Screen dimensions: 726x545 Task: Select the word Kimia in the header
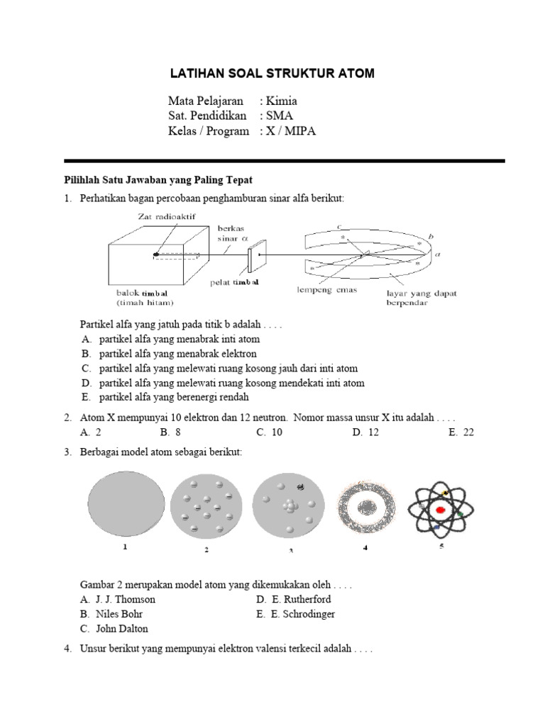pos(282,101)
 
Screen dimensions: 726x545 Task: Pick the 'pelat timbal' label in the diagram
pos(235,282)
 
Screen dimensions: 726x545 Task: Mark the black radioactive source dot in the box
pos(155,254)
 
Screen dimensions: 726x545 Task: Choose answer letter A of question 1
pos(85,340)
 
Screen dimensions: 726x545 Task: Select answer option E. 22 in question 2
pos(461,431)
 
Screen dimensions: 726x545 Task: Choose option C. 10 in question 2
pos(270,431)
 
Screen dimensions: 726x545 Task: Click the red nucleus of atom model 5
pos(440,510)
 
